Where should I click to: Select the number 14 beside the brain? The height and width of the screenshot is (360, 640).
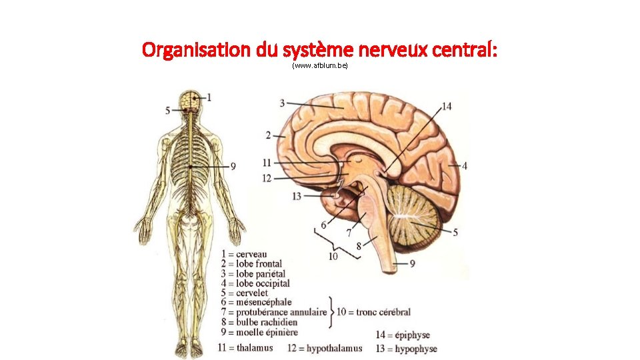(x=446, y=107)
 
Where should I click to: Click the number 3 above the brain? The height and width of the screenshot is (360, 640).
(x=283, y=103)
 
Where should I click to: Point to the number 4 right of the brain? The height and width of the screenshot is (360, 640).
(x=464, y=165)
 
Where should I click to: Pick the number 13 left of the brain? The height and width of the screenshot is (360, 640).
(x=297, y=196)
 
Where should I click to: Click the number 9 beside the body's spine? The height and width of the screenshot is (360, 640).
(x=233, y=167)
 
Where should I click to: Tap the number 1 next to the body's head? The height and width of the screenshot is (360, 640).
(x=209, y=97)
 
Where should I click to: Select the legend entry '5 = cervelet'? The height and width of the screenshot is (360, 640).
(x=243, y=293)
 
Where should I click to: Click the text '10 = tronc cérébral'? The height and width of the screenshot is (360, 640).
(x=373, y=311)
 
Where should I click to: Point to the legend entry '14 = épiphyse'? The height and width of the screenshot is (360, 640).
(x=403, y=335)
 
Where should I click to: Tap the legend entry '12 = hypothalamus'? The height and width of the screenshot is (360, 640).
(x=325, y=348)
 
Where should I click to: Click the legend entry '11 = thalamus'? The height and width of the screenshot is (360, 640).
(x=245, y=347)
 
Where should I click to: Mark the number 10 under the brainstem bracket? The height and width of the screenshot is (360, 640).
(x=333, y=255)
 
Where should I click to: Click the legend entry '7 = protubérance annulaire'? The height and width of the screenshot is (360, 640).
(x=275, y=312)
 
